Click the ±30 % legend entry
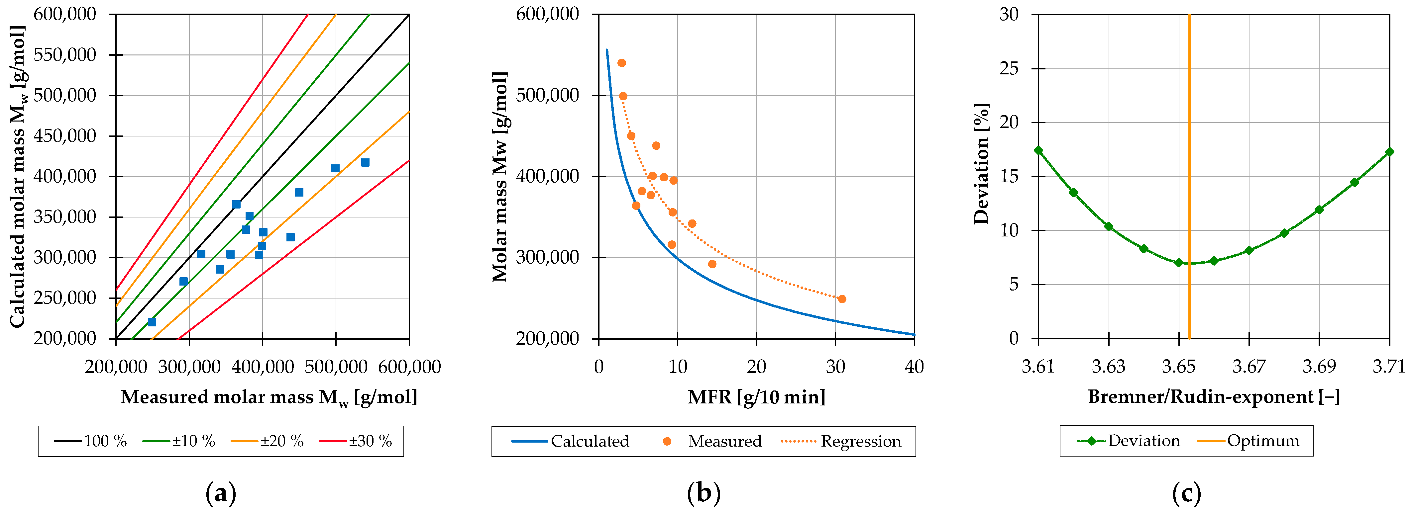(356, 441)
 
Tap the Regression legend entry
(841, 441)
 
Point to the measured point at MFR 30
(842, 299)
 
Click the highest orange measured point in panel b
(622, 63)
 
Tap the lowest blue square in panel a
(152, 322)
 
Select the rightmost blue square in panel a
(365, 162)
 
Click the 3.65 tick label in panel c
(1179, 367)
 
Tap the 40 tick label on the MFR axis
(914, 367)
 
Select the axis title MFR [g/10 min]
(756, 397)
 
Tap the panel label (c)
(1186, 493)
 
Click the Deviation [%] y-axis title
(982, 164)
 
